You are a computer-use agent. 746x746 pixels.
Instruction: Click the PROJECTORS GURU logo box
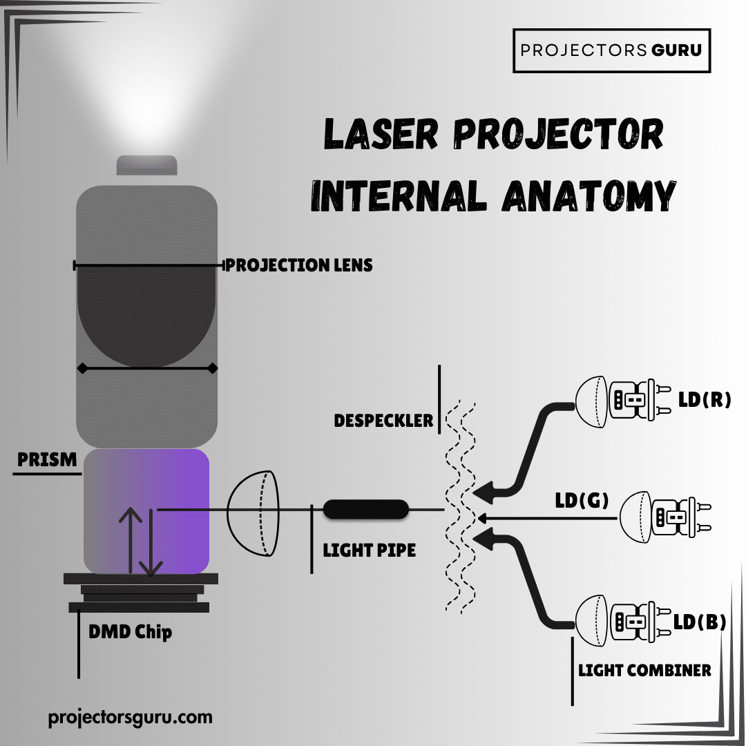click(x=611, y=50)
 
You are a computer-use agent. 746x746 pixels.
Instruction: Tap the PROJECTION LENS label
click(x=298, y=265)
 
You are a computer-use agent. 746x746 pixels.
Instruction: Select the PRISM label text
click(x=47, y=459)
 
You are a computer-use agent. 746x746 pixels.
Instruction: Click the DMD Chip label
click(x=130, y=631)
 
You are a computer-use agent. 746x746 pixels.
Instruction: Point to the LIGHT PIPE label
click(x=370, y=550)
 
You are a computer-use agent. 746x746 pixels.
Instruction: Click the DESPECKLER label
click(x=383, y=420)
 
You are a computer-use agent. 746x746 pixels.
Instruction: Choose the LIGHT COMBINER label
click(x=644, y=670)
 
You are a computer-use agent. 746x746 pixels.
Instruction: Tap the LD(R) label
click(x=704, y=399)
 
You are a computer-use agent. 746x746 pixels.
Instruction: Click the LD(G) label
click(x=582, y=500)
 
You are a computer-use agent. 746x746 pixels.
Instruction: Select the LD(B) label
click(x=700, y=622)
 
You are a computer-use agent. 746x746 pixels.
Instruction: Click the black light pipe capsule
click(x=366, y=510)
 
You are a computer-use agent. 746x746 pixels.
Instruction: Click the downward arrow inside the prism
click(x=150, y=546)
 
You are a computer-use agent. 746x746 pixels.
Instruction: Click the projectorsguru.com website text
click(x=131, y=717)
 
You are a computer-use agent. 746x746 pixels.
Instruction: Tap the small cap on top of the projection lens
click(x=146, y=166)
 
